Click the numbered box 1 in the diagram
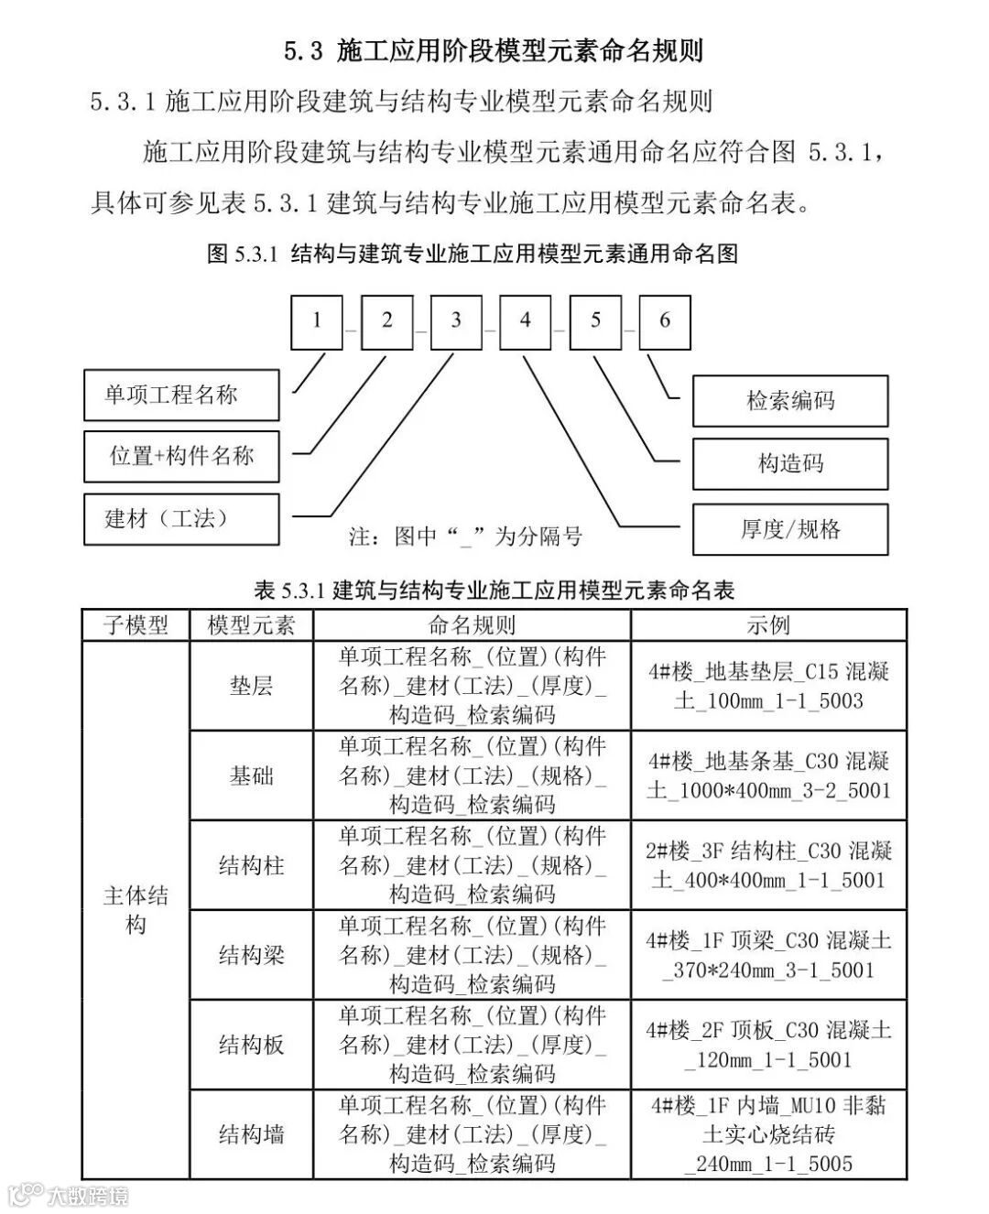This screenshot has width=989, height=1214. point(317,321)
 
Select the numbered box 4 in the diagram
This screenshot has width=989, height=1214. point(525,321)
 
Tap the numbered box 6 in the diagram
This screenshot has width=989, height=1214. point(665,321)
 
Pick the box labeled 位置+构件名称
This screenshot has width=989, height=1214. point(181,456)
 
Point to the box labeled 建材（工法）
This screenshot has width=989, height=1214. point(181,518)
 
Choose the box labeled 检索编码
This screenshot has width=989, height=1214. point(790,401)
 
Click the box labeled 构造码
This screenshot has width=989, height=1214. point(790,463)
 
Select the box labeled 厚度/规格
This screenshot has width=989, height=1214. point(790,529)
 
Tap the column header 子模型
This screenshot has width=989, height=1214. point(136,625)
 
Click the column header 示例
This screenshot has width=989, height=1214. point(768,625)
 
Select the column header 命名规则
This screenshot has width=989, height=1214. point(472,625)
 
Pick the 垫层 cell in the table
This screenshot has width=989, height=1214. point(251,686)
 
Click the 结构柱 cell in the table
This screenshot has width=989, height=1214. point(251,865)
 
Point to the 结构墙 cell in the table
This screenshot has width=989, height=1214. point(251,1135)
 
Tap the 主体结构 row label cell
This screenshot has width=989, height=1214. point(136,910)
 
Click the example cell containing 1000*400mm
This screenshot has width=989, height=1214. point(768,775)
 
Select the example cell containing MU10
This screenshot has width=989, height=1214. point(768,1135)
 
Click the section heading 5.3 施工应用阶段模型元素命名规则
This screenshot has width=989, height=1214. point(494,50)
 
